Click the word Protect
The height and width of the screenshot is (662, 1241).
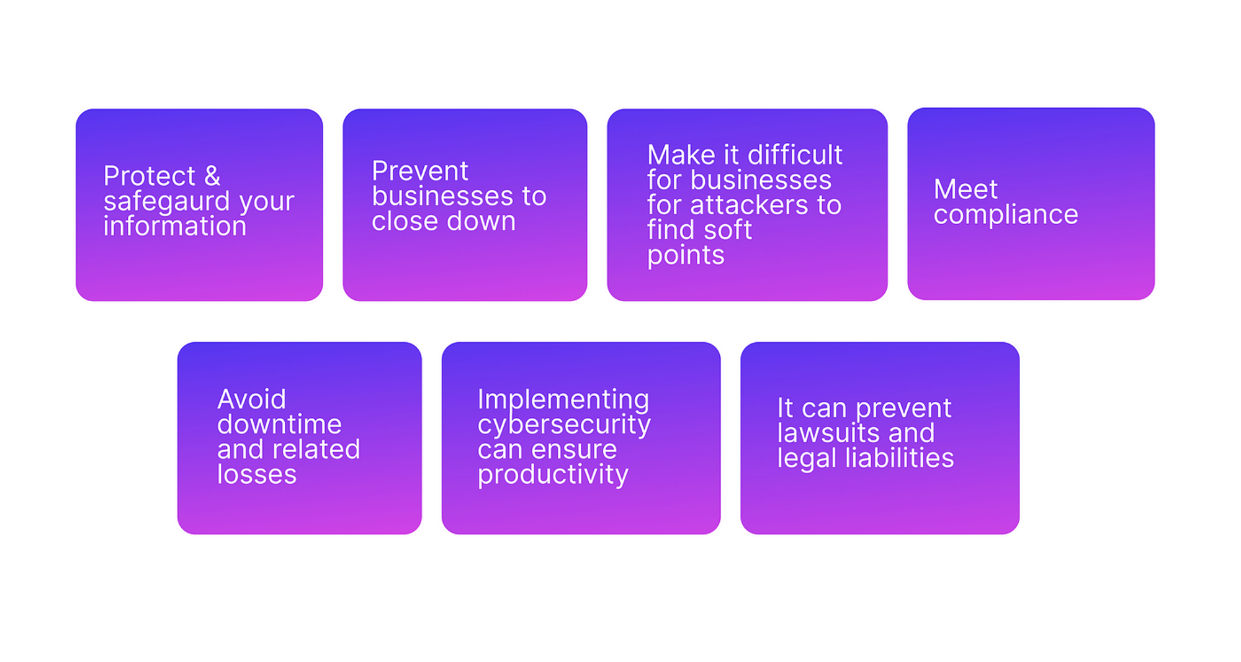150,176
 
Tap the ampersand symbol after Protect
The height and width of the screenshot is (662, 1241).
212,176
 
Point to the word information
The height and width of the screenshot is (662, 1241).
175,226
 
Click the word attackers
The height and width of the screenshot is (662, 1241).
750,206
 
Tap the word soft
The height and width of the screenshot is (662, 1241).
726,230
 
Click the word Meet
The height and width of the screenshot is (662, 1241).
965,189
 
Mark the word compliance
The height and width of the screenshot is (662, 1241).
1006,215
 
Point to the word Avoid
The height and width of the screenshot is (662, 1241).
251,399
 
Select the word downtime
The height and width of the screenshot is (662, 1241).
279,425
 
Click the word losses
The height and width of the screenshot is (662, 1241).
257,475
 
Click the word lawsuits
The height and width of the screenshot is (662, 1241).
831,433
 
